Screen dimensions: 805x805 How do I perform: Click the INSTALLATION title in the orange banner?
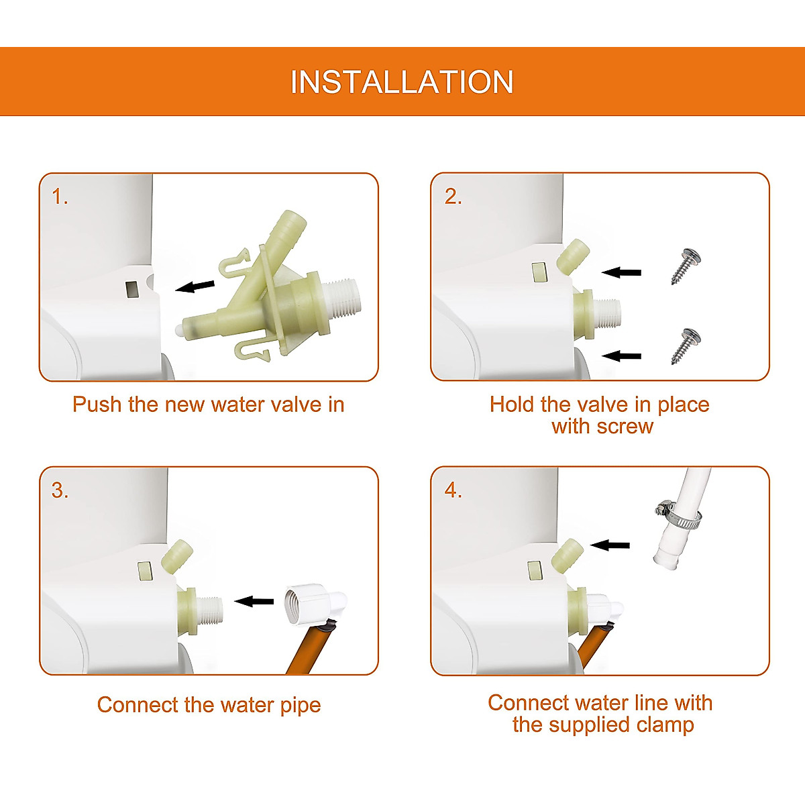point(402,82)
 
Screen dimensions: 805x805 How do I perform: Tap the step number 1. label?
point(60,197)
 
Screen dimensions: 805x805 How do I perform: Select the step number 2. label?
point(453,197)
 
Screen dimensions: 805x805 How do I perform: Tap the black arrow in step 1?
point(195,286)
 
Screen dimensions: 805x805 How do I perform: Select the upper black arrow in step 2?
point(621,273)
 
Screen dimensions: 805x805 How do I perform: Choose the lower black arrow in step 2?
point(621,356)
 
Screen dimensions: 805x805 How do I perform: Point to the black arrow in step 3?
point(254,602)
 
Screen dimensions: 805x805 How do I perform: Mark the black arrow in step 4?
point(610,545)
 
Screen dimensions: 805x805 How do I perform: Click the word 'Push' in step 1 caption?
point(97,405)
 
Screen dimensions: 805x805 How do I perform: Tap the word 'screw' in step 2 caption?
point(625,427)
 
